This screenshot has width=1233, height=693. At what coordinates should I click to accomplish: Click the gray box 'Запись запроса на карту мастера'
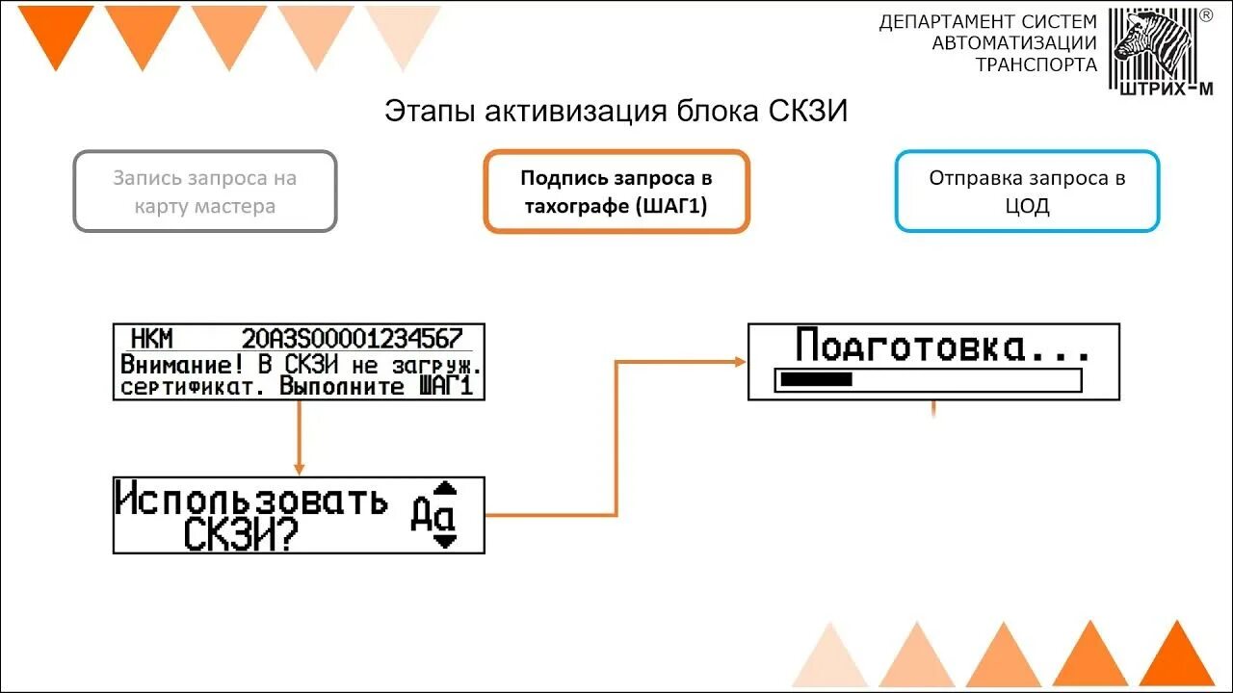pyautogui.click(x=205, y=192)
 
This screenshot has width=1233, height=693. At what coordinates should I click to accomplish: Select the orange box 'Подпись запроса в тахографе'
pyautogui.click(x=616, y=192)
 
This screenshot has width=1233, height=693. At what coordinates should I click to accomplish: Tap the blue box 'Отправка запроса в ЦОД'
pyautogui.click(x=1027, y=192)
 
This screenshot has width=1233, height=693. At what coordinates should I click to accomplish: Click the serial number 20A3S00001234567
pyautogui.click(x=352, y=339)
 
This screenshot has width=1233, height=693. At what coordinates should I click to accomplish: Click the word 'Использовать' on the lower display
pyautogui.click(x=251, y=500)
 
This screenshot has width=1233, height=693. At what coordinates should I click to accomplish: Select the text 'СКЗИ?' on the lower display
pyautogui.click(x=240, y=535)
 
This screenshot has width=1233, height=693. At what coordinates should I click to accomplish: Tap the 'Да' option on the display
pyautogui.click(x=432, y=515)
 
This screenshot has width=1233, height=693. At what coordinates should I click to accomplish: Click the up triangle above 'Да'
pyautogui.click(x=444, y=487)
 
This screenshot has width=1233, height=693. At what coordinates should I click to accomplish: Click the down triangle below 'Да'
pyautogui.click(x=444, y=542)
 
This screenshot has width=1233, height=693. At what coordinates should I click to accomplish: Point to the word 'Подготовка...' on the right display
pyautogui.click(x=942, y=345)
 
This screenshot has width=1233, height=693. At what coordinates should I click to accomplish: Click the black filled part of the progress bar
pyautogui.click(x=815, y=380)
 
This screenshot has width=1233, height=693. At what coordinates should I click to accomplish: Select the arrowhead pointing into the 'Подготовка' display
pyautogui.click(x=740, y=362)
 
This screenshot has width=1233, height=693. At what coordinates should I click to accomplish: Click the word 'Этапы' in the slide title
pyautogui.click(x=416, y=111)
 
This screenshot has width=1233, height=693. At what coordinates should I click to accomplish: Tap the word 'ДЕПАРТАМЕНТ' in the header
pyautogui.click(x=947, y=21)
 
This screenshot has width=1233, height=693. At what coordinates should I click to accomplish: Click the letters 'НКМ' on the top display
pyautogui.click(x=151, y=339)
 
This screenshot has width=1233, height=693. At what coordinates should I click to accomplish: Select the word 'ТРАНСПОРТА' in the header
pyautogui.click(x=1036, y=64)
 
